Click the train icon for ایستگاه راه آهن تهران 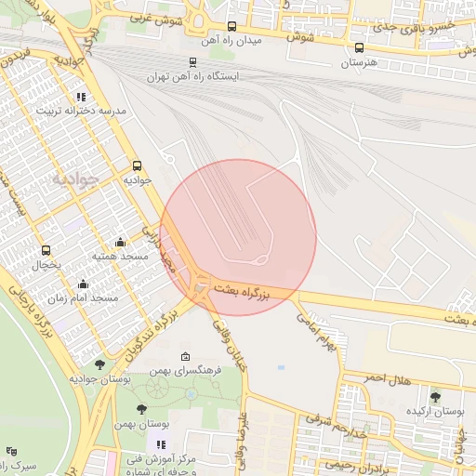coord(192,62)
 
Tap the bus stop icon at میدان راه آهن coord(231,27)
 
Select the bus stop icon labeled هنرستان coord(359,48)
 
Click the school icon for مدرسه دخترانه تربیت coord(81,96)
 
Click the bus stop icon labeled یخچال coord(46,251)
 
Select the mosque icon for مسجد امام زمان coord(83,284)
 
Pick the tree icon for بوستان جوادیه coord(100,364)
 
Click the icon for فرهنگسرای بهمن coord(185,356)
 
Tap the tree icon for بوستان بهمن coord(141,409)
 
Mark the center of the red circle coord(238,237)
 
